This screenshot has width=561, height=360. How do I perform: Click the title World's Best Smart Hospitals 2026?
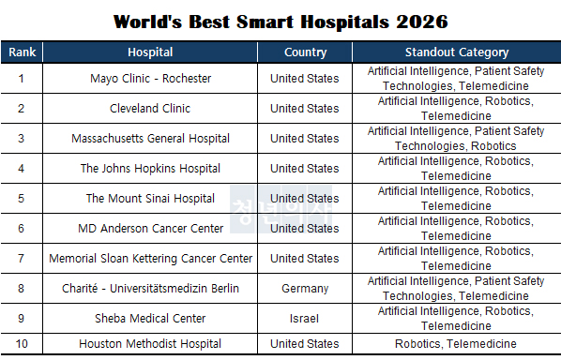[x=280, y=20]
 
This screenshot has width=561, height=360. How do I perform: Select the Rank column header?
[x=22, y=52]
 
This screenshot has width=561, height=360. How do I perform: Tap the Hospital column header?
[x=150, y=52]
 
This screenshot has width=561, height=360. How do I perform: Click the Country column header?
[x=305, y=52]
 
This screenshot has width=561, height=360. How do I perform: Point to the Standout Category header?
[x=456, y=52]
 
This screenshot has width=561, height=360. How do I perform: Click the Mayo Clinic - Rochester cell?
[x=150, y=79]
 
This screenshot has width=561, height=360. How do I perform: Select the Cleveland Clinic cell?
[x=150, y=109]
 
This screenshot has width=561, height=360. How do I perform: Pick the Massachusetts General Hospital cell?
[x=150, y=139]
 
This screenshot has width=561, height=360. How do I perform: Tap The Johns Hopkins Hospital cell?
[x=150, y=169]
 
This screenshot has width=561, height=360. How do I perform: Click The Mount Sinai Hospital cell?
[x=150, y=199]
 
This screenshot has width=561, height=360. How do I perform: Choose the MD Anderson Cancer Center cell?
[x=150, y=229]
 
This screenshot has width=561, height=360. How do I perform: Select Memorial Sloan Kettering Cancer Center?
[x=150, y=259]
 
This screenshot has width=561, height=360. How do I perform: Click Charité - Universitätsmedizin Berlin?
[x=150, y=289]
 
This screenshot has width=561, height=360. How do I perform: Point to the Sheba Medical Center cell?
[x=150, y=319]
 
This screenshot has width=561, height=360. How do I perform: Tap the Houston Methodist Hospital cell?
[x=150, y=344]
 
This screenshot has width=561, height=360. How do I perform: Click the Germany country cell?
[x=305, y=289]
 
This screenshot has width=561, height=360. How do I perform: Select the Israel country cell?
[x=305, y=319]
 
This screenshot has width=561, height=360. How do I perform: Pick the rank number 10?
[x=22, y=344]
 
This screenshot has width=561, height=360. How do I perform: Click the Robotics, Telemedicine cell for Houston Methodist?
[x=456, y=344]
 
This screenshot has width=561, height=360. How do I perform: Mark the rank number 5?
[x=22, y=199]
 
